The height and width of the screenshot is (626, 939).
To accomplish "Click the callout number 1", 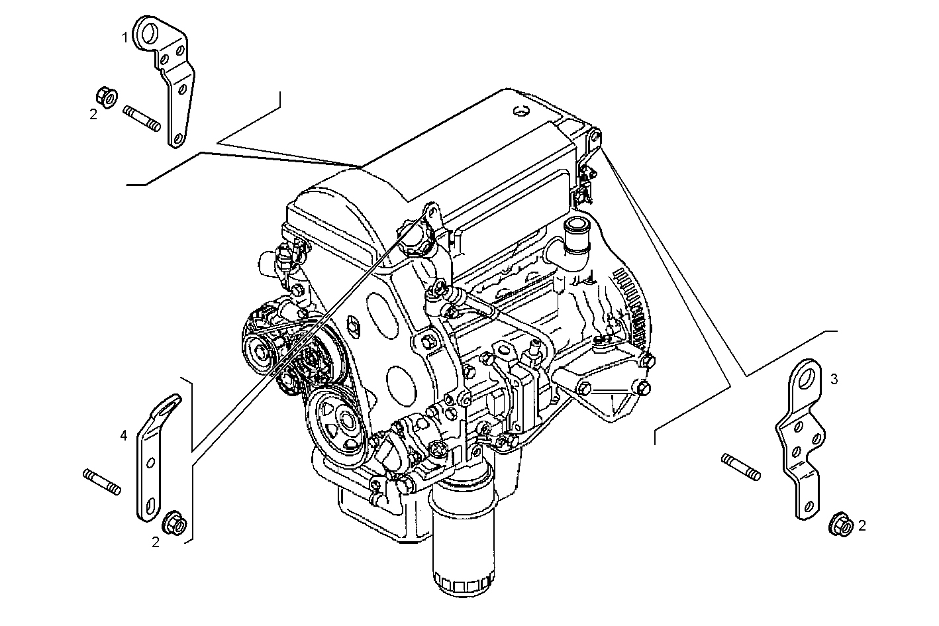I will click(x=124, y=38).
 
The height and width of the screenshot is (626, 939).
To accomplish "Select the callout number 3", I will click(x=834, y=379).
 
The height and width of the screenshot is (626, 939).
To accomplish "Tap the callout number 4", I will click(x=123, y=435).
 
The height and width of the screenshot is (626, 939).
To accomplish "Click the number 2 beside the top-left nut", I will click(x=93, y=115).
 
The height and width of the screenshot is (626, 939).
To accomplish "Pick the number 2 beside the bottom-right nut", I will click(x=862, y=526).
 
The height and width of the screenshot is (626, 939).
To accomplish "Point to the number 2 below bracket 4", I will click(x=156, y=542).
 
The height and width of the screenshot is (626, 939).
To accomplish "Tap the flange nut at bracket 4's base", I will click(x=174, y=519).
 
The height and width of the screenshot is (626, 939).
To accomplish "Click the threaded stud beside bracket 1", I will click(x=141, y=118).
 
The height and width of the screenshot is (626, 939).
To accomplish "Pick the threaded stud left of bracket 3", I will click(x=740, y=466).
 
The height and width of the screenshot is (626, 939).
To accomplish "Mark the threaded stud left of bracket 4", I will click(x=103, y=482).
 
